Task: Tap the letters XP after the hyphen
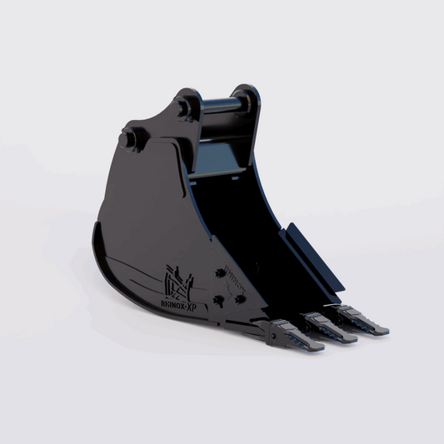[x=197, y=307]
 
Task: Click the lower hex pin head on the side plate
[x=129, y=140]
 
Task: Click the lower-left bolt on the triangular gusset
[x=217, y=300]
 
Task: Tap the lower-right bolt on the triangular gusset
[x=239, y=301]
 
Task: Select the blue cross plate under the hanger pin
[x=217, y=172]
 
